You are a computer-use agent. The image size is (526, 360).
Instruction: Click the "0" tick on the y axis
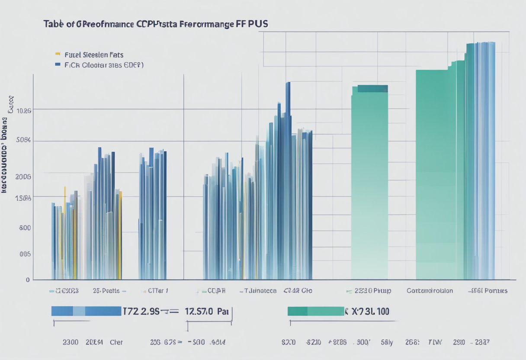(28, 280)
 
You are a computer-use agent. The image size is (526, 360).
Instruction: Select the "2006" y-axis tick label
(23, 177)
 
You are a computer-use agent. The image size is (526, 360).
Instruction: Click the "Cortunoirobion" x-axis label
(430, 291)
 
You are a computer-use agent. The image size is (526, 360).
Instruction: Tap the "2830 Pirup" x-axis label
(372, 291)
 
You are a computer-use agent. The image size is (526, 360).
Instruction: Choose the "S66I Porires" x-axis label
(489, 291)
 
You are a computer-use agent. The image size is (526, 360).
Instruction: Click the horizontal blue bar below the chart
(86, 311)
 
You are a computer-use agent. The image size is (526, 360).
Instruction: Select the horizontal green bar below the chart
(315, 311)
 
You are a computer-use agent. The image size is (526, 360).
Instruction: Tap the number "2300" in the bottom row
(71, 342)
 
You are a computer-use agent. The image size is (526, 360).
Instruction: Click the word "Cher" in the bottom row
(115, 342)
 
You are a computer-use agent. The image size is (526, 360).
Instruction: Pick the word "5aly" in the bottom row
(388, 342)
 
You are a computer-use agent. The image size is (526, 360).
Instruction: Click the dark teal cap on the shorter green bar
(372, 89)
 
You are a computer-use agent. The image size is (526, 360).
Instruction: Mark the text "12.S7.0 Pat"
(206, 311)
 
